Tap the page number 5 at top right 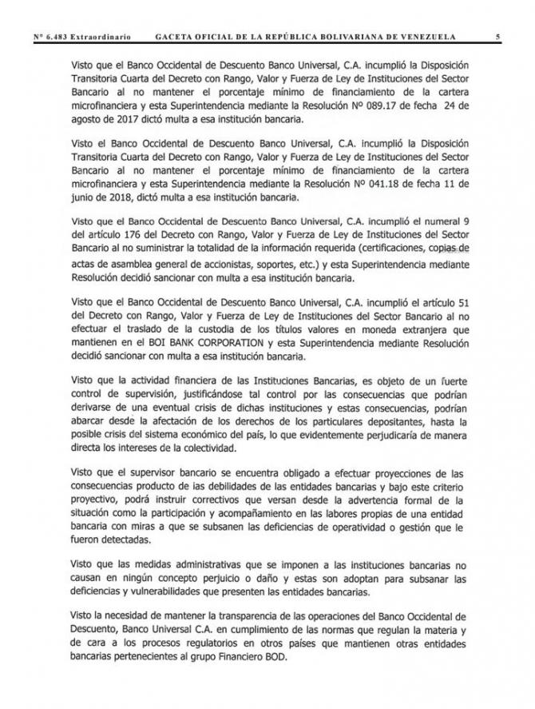(497, 37)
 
